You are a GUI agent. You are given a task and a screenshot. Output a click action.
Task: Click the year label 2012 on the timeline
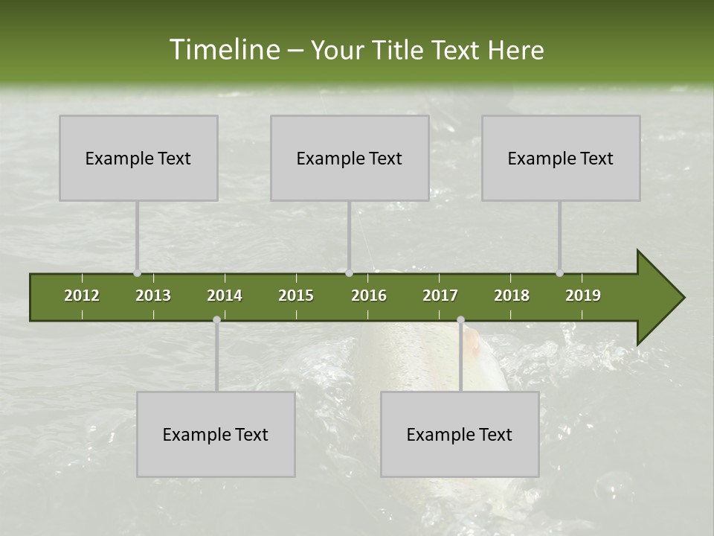click(82, 296)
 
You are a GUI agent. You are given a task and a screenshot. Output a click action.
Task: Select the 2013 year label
click(153, 296)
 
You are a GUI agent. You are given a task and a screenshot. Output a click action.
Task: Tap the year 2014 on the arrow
click(225, 296)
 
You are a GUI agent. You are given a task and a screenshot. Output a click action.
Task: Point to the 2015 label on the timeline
click(296, 296)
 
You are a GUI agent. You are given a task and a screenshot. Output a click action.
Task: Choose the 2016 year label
click(369, 296)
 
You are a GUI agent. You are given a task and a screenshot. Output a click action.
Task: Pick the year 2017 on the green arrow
click(440, 296)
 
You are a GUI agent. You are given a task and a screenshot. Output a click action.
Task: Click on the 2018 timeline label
click(512, 296)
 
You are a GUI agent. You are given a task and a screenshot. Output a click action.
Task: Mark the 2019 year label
click(583, 296)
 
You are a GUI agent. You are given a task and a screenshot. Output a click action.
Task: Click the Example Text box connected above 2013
click(138, 158)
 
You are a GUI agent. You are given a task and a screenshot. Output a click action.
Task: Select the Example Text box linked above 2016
click(350, 158)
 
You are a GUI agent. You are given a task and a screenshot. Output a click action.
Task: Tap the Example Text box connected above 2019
click(561, 158)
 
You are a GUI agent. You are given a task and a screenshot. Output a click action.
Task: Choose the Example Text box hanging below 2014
click(216, 434)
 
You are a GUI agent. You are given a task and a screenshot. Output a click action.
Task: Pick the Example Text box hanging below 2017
click(460, 434)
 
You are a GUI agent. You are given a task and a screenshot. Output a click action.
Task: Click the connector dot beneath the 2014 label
click(216, 319)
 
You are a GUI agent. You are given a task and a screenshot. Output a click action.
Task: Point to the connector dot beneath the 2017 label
click(460, 319)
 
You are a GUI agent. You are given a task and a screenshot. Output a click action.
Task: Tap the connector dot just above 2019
click(560, 272)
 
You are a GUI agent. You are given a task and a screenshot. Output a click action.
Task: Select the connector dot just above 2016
click(349, 272)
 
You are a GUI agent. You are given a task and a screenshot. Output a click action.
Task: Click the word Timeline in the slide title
click(223, 50)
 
